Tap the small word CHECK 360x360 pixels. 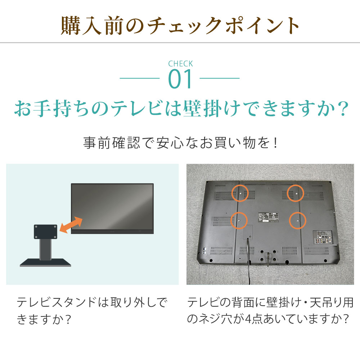point(180,64)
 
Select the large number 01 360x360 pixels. point(180,80)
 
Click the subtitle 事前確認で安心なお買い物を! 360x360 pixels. point(180,143)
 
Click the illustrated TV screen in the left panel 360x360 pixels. point(112,206)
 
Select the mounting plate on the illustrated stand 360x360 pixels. point(46,232)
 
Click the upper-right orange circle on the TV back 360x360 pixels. point(296,193)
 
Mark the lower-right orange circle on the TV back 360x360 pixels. point(297,220)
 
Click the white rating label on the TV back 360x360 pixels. point(267,218)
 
